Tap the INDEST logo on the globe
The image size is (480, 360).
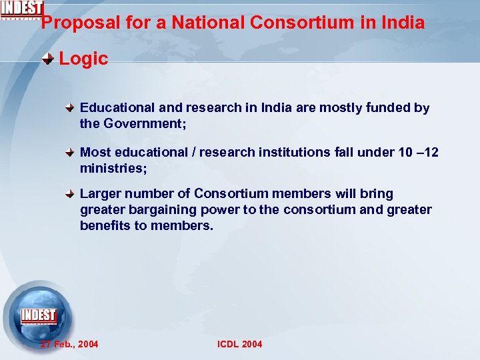click(x=39, y=316)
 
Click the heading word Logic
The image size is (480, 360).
click(x=83, y=59)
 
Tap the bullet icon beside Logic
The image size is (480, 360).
click(x=49, y=59)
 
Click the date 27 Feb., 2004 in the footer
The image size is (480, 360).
click(x=69, y=344)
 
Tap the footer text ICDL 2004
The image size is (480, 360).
click(x=240, y=344)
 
